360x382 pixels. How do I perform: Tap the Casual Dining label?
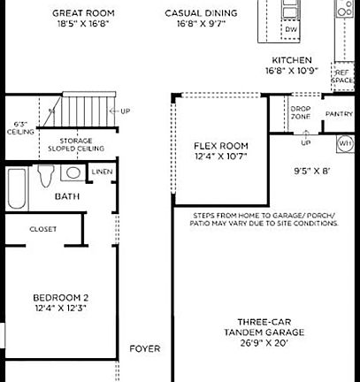click(x=202, y=13)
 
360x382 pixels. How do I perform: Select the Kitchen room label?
click(x=291, y=60)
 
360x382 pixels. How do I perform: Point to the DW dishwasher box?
click(x=291, y=30)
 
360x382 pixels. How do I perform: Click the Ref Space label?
click(x=341, y=77)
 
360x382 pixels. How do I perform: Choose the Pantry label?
click(x=339, y=114)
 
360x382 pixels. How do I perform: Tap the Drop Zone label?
click(x=300, y=113)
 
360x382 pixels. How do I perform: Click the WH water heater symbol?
click(x=345, y=141)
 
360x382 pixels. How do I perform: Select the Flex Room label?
click(x=221, y=146)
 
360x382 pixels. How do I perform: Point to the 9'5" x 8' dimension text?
click(x=312, y=172)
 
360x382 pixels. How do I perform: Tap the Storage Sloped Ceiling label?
click(x=81, y=144)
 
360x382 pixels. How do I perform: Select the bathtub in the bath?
click(x=17, y=187)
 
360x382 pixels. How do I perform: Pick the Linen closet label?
click(x=102, y=172)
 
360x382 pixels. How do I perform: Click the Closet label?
click(x=42, y=229)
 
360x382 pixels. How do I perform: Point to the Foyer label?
click(x=145, y=348)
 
